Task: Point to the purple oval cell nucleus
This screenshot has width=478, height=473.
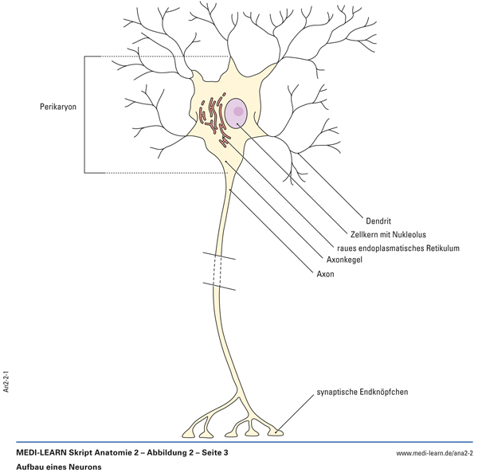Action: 237,114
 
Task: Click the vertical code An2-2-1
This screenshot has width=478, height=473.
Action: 6,381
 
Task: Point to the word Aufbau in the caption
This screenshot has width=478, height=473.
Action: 29,467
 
